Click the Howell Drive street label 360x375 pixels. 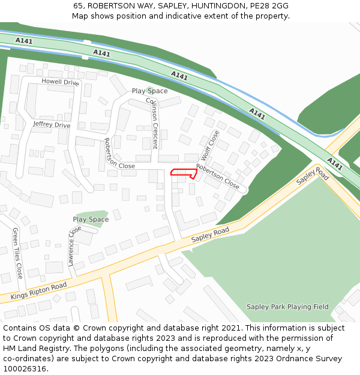[x=60, y=82]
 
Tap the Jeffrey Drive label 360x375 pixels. [x=52, y=125]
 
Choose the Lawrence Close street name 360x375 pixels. [x=74, y=246]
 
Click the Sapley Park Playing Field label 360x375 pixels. [x=287, y=307]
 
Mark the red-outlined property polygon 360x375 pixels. [x=184, y=173]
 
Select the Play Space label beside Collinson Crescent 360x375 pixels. [x=149, y=91]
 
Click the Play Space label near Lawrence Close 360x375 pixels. [x=91, y=220]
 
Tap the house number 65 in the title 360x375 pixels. [x=79, y=6]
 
